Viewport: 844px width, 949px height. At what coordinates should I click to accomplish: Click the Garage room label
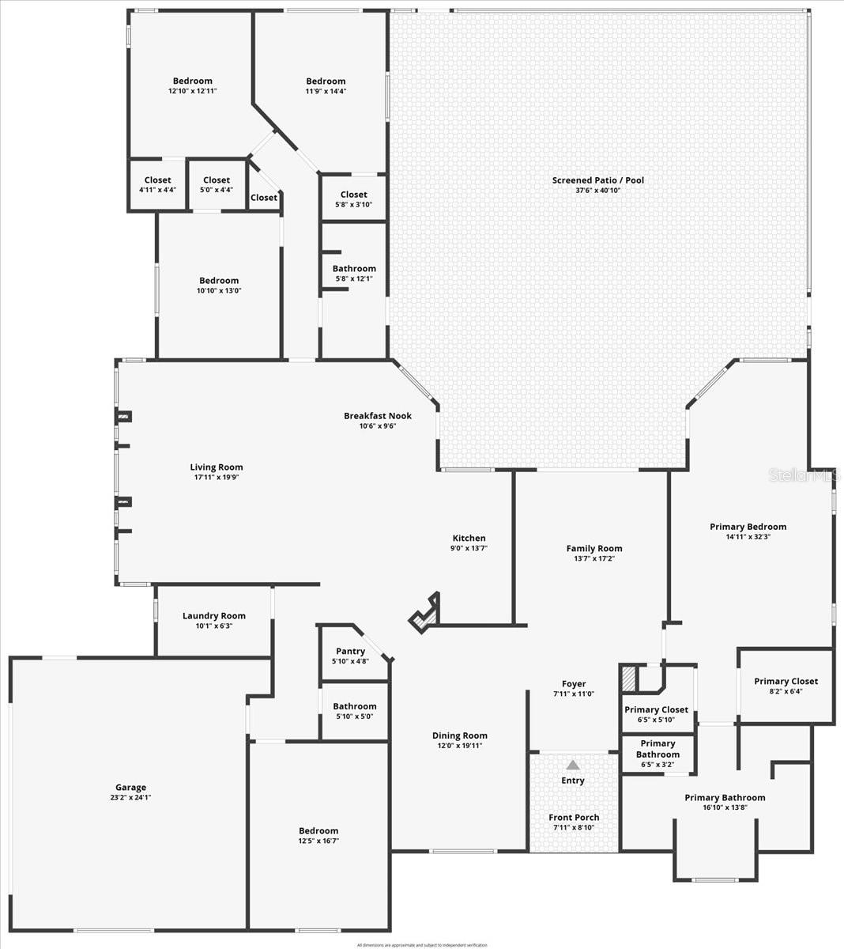click(130, 787)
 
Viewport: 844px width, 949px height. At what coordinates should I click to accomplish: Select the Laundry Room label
click(213, 615)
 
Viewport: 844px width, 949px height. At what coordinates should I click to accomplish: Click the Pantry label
click(350, 651)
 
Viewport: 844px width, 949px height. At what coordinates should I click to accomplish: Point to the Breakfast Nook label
click(377, 415)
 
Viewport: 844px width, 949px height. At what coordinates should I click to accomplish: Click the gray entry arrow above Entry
click(573, 765)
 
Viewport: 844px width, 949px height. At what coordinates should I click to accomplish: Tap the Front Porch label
click(574, 817)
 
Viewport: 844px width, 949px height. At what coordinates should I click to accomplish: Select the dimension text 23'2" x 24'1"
click(130, 797)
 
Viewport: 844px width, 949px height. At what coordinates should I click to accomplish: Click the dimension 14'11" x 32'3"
click(748, 537)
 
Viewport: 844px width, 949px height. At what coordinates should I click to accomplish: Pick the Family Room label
click(593, 548)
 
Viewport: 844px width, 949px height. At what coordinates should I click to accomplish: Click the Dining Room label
click(459, 735)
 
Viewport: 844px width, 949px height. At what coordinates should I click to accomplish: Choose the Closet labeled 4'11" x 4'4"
click(157, 180)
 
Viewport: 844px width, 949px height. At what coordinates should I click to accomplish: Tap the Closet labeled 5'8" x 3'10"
click(353, 195)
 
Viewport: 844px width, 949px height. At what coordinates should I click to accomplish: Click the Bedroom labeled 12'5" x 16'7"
click(318, 830)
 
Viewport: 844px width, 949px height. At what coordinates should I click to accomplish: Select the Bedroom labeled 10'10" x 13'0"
click(218, 281)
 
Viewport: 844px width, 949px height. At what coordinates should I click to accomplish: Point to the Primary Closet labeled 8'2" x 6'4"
click(786, 681)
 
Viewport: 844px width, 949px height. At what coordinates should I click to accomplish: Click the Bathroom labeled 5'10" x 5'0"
click(354, 706)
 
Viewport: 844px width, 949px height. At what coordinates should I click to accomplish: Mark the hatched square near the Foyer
click(629, 679)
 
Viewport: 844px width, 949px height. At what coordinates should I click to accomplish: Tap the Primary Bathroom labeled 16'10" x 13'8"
click(725, 797)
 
